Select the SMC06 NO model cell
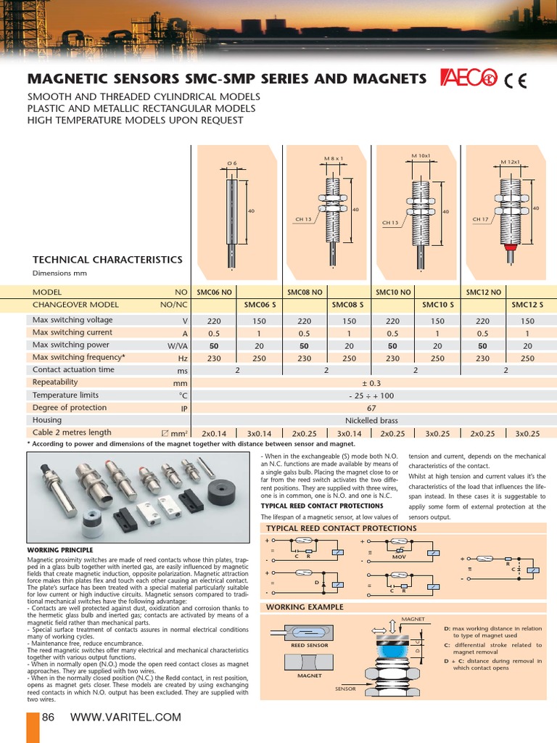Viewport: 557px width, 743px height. coord(214,292)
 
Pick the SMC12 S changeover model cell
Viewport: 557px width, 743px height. coord(527,305)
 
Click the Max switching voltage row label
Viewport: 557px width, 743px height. coord(73,320)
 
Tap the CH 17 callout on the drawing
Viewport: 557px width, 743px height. coord(480,218)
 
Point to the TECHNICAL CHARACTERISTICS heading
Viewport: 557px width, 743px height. coord(107,260)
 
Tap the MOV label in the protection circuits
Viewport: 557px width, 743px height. coord(399,558)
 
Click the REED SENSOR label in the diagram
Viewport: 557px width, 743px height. coord(309,645)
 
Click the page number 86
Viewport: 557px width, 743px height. coord(49,718)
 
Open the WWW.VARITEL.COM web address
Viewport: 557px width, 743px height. coord(125,718)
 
